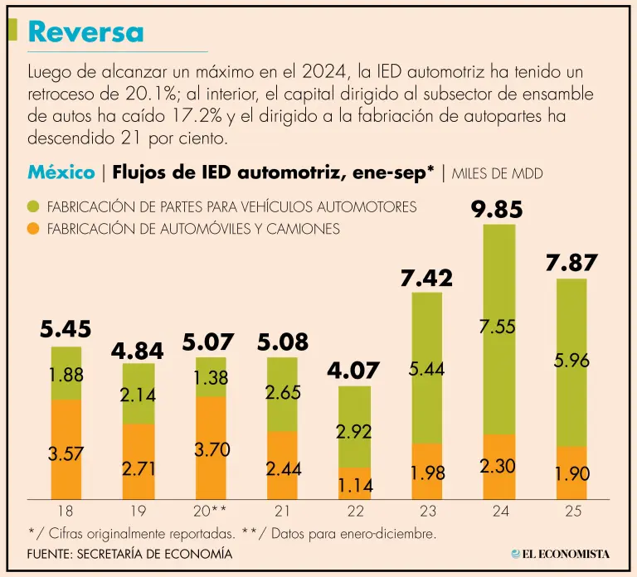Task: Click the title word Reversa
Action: (x=85, y=32)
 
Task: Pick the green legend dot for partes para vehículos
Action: (x=34, y=206)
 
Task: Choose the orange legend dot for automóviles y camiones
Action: (x=34, y=229)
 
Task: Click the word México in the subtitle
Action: (x=61, y=173)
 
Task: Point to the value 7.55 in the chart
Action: (x=498, y=327)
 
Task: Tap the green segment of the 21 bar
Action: (x=282, y=394)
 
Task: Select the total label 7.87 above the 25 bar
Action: (x=571, y=264)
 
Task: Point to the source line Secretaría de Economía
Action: (x=129, y=553)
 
